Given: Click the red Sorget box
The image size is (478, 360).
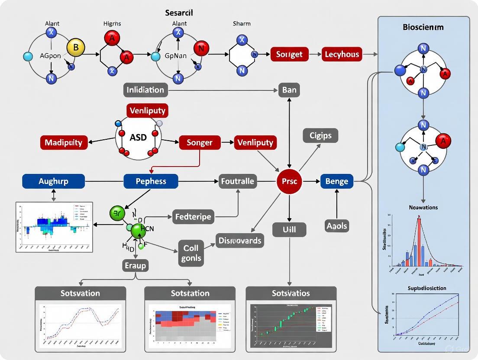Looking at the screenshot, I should coord(289,54).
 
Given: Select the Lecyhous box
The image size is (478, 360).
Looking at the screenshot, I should coord(342,54).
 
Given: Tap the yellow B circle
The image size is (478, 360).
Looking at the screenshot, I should coord(76,48).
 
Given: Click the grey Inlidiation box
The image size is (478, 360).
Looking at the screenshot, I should coord(145,90).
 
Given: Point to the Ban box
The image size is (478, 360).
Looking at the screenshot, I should coord(289,90).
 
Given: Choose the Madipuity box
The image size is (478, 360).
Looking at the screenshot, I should coord(64,142).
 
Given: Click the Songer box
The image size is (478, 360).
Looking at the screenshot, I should coord(200,142).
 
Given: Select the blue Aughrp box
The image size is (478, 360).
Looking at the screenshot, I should coord(53,181).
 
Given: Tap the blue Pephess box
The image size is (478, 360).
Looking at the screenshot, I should coord(151,181).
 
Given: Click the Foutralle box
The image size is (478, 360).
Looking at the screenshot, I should coord(238,181).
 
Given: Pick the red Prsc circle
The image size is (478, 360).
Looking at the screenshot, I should coord(289,181).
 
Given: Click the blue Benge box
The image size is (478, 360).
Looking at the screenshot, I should coord(336,181).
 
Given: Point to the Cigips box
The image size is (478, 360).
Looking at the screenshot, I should coord(320,135).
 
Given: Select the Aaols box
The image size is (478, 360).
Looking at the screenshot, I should coord(336,225).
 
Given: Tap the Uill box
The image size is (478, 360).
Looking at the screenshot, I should coord(289,229).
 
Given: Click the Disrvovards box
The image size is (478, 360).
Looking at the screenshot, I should coord(240,240).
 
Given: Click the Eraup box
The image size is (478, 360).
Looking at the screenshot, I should coord(135,265).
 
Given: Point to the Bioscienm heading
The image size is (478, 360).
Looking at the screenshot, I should coord(423,27).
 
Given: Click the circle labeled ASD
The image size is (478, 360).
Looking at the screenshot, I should coord(138,137).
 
